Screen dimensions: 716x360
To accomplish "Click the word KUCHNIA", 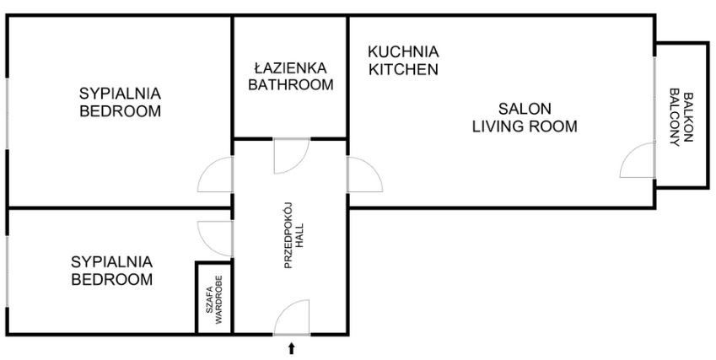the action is [403, 51].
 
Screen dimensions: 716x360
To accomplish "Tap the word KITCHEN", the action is [403, 69].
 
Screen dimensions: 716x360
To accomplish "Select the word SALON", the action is [525, 109].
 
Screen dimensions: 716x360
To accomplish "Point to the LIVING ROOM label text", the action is [525, 126].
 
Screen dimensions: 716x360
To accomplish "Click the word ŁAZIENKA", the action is [290, 68].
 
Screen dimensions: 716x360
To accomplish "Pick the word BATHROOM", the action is [290, 85].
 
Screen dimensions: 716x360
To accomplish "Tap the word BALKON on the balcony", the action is [688, 117].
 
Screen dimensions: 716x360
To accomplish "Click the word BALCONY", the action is [675, 117].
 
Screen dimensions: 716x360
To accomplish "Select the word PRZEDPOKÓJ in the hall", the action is [288, 235].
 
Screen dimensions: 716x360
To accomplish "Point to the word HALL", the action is [299, 235].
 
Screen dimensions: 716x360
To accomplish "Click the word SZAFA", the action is [208, 300].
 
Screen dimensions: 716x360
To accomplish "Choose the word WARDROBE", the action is [218, 300].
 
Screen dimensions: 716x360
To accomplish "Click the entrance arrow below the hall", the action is [291, 348].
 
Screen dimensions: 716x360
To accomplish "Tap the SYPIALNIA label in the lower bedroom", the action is [112, 262].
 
